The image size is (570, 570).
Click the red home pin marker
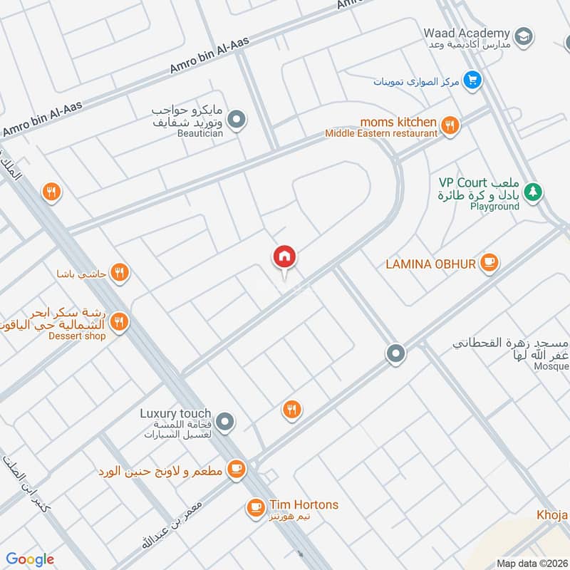[284, 257]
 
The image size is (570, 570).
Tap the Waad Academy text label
[467, 33]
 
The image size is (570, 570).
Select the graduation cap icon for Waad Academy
[524, 36]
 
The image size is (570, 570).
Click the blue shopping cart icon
[471, 81]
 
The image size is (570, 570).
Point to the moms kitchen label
[398, 123]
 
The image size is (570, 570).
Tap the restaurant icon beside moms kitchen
[450, 126]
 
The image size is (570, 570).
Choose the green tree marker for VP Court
[532, 192]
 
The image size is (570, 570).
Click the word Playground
[494, 207]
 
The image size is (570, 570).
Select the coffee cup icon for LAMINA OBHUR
[489, 263]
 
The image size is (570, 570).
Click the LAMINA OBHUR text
[430, 264]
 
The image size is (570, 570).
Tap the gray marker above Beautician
[238, 120]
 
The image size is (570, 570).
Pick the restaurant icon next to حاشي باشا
[120, 272]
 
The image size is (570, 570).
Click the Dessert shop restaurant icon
[120, 322]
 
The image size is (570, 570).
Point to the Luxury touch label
[175, 413]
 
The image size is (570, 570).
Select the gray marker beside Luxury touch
[225, 423]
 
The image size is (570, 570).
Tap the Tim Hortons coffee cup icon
[254, 507]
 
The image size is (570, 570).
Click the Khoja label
[552, 514]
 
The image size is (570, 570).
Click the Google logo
[30, 559]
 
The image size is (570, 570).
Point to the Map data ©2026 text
[531, 563]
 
